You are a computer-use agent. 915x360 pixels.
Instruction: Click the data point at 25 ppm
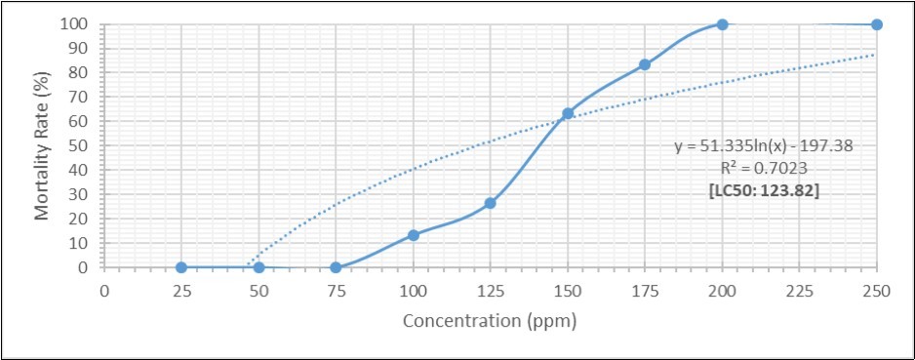click(x=181, y=267)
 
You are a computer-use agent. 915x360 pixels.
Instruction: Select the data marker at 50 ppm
click(x=259, y=267)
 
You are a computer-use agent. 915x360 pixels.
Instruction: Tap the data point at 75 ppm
click(x=336, y=267)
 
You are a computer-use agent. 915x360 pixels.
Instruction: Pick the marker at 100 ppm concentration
click(x=414, y=235)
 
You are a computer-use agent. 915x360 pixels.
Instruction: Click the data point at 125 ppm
click(x=491, y=203)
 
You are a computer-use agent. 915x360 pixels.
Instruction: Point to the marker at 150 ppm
click(x=568, y=114)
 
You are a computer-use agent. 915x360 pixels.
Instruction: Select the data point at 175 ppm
click(x=645, y=64)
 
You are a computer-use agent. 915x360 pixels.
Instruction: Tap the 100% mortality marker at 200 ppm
click(x=722, y=24)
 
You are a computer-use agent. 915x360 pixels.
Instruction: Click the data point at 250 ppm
click(x=877, y=24)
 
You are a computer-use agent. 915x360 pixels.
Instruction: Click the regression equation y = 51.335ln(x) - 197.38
click(x=764, y=146)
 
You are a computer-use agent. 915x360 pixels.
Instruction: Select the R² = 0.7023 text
click(x=764, y=168)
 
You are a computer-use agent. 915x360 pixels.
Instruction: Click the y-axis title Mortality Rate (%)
click(x=42, y=144)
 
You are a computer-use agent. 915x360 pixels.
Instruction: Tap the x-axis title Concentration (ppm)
click(x=490, y=320)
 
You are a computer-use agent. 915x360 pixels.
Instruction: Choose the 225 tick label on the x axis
click(x=799, y=290)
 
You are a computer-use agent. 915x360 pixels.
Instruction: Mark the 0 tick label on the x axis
click(x=104, y=290)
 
